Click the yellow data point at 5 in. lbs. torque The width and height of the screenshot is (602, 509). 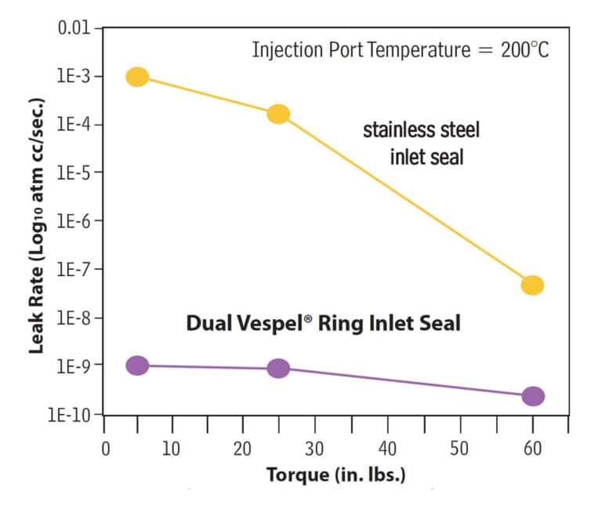[137, 76]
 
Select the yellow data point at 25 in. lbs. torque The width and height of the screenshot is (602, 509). [278, 115]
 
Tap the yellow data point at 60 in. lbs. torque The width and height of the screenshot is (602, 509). [532, 285]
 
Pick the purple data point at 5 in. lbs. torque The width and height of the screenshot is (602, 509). [137, 365]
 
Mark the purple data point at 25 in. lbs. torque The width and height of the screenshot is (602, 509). [278, 369]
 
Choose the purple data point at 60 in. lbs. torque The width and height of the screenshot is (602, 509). [532, 396]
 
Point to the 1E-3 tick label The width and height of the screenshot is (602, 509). [76, 77]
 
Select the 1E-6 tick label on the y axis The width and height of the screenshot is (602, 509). [76, 221]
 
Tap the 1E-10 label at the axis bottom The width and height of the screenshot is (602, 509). [72, 413]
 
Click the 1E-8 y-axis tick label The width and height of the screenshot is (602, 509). [76, 318]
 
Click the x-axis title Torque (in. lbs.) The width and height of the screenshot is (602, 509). [336, 475]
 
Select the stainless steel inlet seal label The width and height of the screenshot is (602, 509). [422, 144]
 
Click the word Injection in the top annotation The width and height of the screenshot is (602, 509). [284, 51]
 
